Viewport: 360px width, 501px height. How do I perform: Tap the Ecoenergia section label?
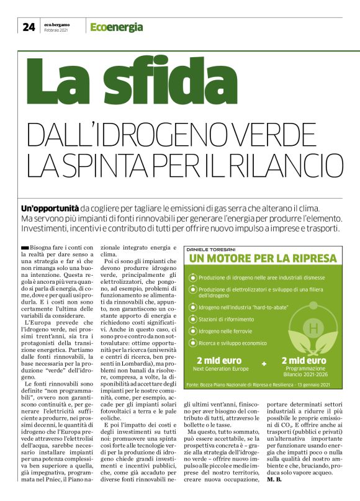[116, 27]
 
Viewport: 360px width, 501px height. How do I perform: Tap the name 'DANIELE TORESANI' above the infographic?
[210, 249]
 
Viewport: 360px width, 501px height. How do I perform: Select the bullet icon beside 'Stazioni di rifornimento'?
[192, 318]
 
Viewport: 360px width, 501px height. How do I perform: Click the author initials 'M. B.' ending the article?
[274, 479]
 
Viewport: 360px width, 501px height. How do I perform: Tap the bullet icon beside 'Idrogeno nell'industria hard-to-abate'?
[192, 307]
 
